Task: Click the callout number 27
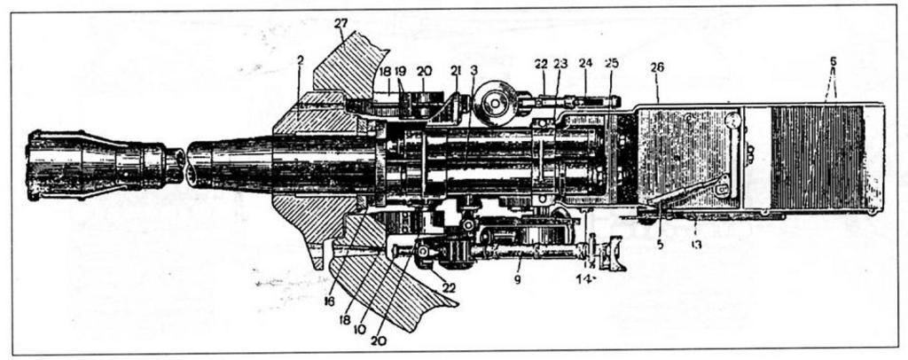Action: pyautogui.click(x=342, y=23)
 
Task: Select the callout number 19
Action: pyautogui.click(x=400, y=69)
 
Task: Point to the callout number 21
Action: pyautogui.click(x=456, y=69)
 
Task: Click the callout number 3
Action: pyautogui.click(x=474, y=69)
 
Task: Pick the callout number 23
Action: pyautogui.click(x=560, y=63)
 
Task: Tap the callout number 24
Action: pyautogui.click(x=584, y=63)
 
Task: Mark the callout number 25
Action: pyautogui.click(x=611, y=63)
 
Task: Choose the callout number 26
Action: pyautogui.click(x=657, y=67)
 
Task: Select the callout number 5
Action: pyautogui.click(x=659, y=246)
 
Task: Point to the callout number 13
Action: pyautogui.click(x=696, y=246)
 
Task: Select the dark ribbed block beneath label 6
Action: pyautogui.click(x=816, y=157)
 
